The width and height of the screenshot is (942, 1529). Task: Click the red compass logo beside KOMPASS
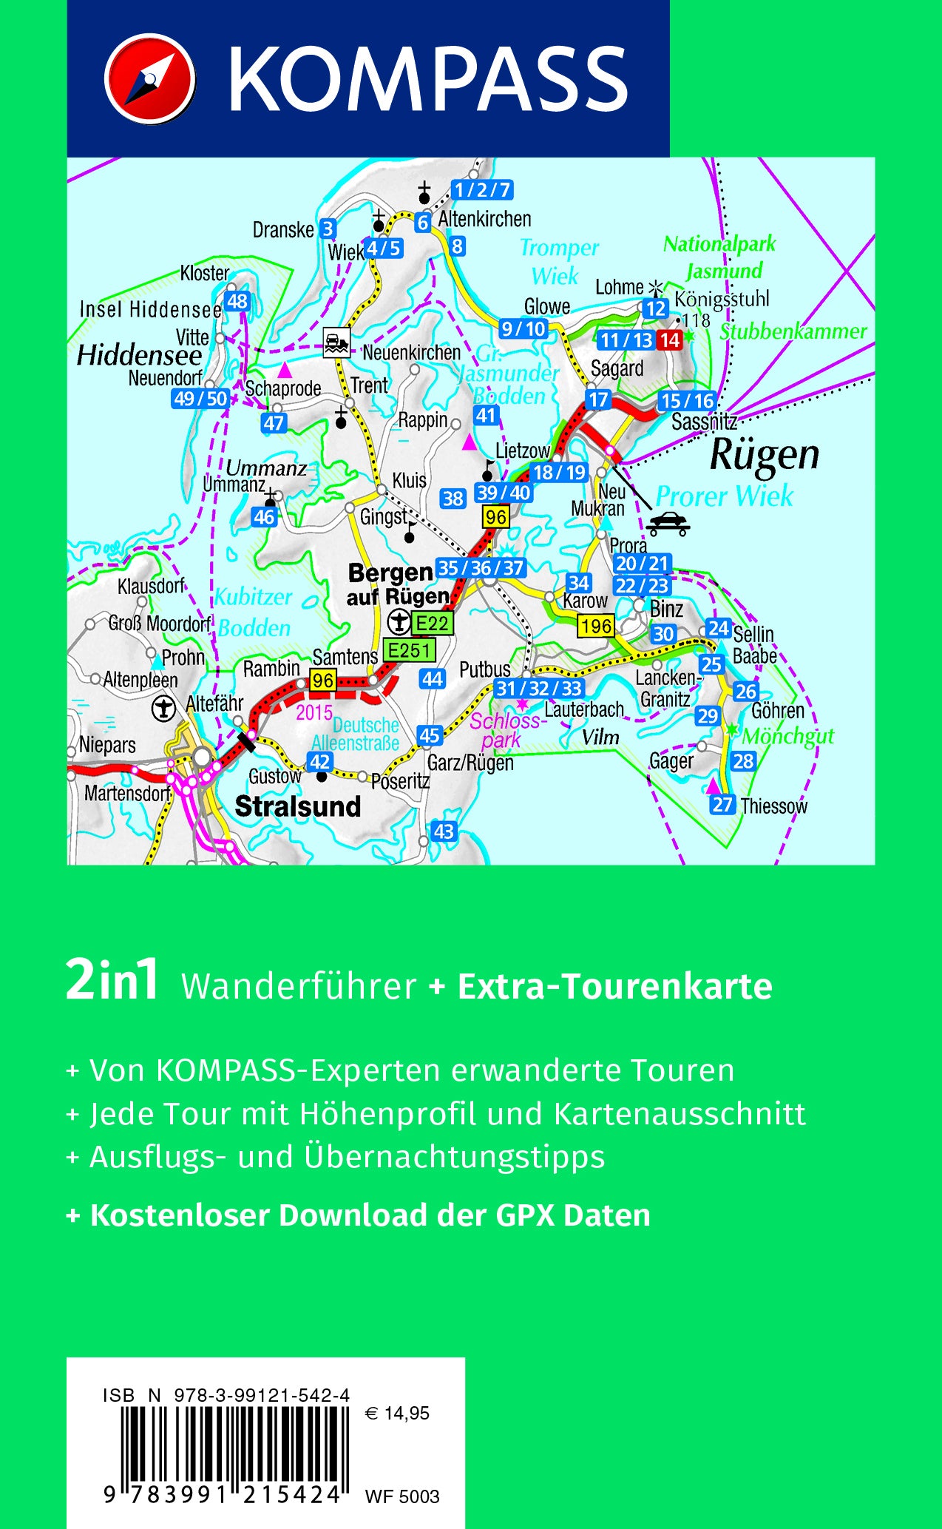[149, 78]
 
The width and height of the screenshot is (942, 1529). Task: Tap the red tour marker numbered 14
[669, 340]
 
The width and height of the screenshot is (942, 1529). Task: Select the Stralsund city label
[297, 806]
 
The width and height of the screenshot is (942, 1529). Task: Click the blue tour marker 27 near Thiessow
[722, 805]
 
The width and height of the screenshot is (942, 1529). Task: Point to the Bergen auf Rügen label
[398, 584]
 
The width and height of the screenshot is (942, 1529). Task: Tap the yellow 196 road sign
[596, 626]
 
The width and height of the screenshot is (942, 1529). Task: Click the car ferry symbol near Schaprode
[336, 342]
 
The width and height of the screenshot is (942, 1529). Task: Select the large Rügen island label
[765, 456]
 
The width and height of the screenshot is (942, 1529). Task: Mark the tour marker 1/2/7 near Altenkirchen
[482, 190]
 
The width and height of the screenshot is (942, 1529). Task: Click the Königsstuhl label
[722, 300]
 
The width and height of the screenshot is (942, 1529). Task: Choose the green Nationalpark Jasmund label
[719, 257]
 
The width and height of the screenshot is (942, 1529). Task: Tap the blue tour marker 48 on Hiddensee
[237, 301]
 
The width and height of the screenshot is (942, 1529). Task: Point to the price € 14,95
[398, 1414]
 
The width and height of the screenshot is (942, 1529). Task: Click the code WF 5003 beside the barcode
[401, 1496]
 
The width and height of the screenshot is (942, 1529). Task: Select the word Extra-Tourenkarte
[615, 986]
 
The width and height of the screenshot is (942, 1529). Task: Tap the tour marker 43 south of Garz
[444, 831]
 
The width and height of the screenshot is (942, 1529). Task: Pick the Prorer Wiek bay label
[724, 496]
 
